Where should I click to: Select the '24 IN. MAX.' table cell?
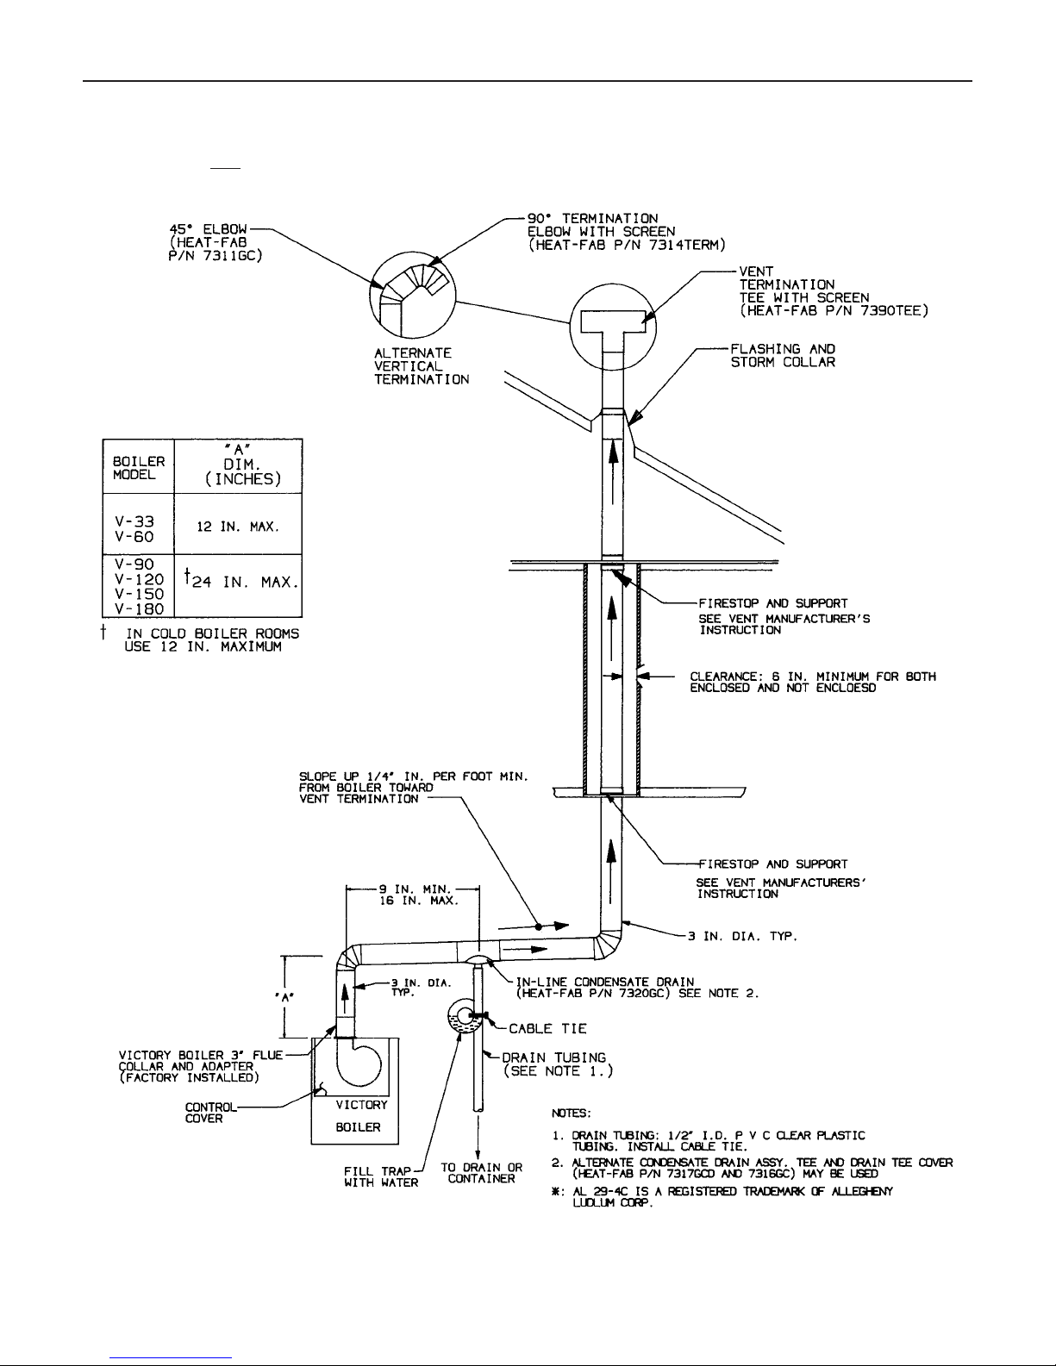pyautogui.click(x=238, y=585)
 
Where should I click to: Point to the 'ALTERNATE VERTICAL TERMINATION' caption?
pyautogui.click(x=422, y=366)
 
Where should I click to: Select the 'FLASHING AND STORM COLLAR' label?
pyautogui.click(x=783, y=355)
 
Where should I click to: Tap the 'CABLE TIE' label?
pyautogui.click(x=547, y=1029)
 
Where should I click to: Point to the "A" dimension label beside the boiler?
pyautogui.click(x=284, y=997)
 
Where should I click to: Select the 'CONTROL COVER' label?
pyautogui.click(x=210, y=1113)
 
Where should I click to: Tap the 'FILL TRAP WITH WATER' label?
pyautogui.click(x=380, y=1176)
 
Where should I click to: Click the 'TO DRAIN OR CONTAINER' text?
pyautogui.click(x=482, y=1173)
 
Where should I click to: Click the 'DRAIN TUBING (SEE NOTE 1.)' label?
pyautogui.click(x=556, y=1064)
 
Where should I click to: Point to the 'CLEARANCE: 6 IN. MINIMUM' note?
pyautogui.click(x=813, y=682)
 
